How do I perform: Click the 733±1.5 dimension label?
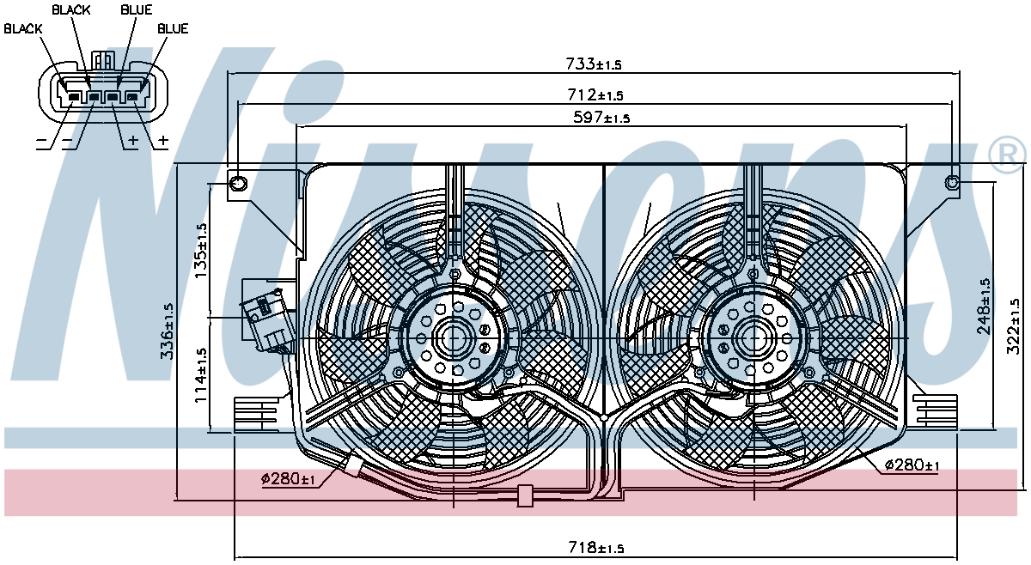coord(593,64)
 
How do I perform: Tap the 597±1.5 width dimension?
coord(601,118)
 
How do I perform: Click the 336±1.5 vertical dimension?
coord(168,331)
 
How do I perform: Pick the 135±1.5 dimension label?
coord(202,249)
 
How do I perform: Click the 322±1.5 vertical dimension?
coord(1014,326)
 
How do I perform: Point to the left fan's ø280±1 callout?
coord(289,478)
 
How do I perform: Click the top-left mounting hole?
coord(238,183)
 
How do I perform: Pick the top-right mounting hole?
coord(952,182)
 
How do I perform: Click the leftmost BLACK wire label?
coord(22,28)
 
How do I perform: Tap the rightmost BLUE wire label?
coord(173,28)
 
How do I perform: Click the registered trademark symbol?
coord(1008,155)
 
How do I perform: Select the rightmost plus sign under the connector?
coord(162,140)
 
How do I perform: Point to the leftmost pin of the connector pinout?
coord(73,97)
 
